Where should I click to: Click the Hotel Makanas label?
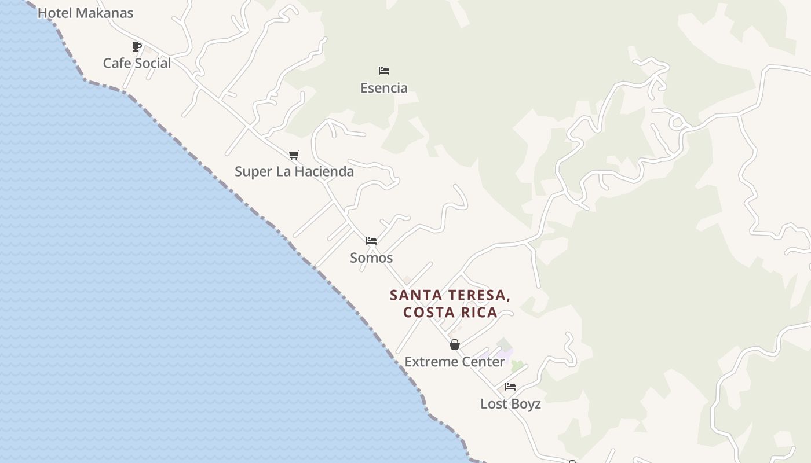tap(85, 13)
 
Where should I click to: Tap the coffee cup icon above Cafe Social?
tap(137, 46)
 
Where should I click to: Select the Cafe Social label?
tap(137, 63)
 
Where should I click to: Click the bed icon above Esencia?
tap(383, 71)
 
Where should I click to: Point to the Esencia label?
tap(383, 88)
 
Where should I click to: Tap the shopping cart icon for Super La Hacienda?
tap(294, 155)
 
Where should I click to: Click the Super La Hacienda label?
tap(294, 171)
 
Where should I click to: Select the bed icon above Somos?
tap(371, 240)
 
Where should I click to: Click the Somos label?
tap(371, 258)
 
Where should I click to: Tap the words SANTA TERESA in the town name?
tap(450, 295)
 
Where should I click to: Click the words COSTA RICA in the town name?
tap(450, 313)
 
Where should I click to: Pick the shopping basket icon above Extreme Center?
tap(455, 344)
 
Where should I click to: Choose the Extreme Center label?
tap(455, 362)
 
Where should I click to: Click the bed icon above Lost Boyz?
tap(510, 387)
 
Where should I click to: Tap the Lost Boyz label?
tap(510, 404)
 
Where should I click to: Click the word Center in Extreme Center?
tap(483, 362)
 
